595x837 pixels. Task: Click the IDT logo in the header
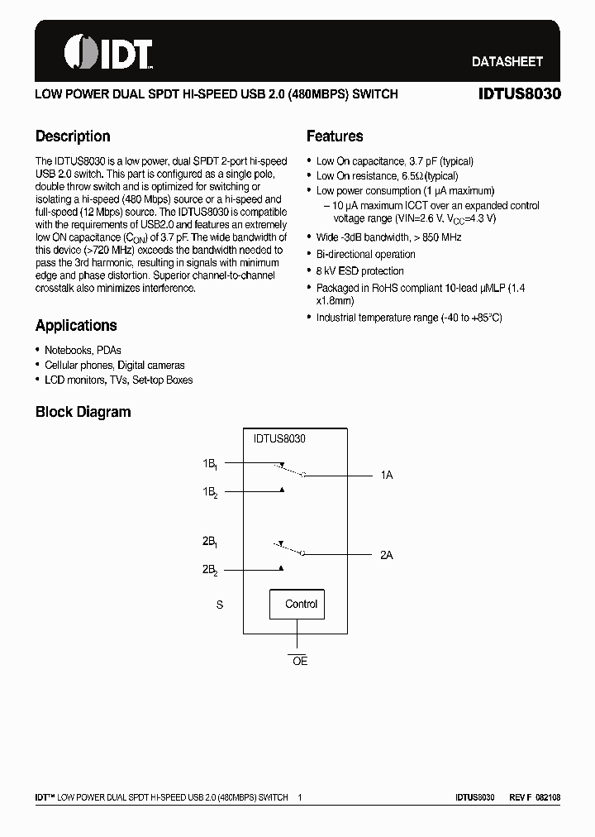click(108, 54)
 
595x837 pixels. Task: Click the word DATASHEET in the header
click(507, 61)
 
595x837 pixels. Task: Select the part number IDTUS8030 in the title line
click(519, 94)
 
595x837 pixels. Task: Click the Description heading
click(73, 136)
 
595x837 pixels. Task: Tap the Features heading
click(335, 136)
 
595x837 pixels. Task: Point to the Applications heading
click(76, 326)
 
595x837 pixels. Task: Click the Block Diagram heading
click(83, 412)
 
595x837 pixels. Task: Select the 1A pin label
click(386, 476)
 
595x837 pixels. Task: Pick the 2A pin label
click(386, 555)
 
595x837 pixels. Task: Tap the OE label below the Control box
click(300, 662)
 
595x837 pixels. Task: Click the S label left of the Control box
click(220, 605)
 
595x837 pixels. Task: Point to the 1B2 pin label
click(210, 492)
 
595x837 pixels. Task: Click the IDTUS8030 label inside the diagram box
click(279, 439)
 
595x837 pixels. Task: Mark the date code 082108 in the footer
click(547, 797)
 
